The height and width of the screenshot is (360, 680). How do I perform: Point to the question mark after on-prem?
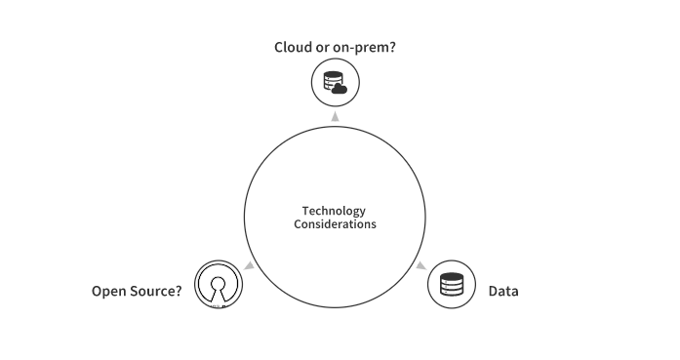(x=392, y=47)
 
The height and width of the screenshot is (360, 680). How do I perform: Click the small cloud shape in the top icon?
(x=340, y=89)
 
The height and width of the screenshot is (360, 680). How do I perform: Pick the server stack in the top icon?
(x=333, y=81)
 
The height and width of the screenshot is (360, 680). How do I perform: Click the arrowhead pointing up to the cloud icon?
(x=335, y=116)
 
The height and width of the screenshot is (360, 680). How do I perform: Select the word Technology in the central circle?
(x=334, y=212)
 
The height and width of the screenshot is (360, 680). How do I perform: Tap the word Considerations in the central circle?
(x=335, y=224)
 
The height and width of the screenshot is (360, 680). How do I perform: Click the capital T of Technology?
(x=305, y=211)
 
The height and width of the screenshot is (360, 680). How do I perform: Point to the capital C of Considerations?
(x=298, y=224)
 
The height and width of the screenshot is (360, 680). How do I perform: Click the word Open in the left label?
(x=107, y=292)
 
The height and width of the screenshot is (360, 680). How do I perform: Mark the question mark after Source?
(x=179, y=291)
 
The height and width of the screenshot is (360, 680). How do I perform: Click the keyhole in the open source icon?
(x=219, y=290)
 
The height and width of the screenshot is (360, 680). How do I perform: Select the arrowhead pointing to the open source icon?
(x=250, y=265)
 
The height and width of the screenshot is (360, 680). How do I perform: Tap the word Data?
(x=503, y=291)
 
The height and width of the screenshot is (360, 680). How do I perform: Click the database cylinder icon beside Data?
(x=452, y=285)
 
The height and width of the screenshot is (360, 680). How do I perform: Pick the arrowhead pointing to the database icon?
(x=420, y=265)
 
